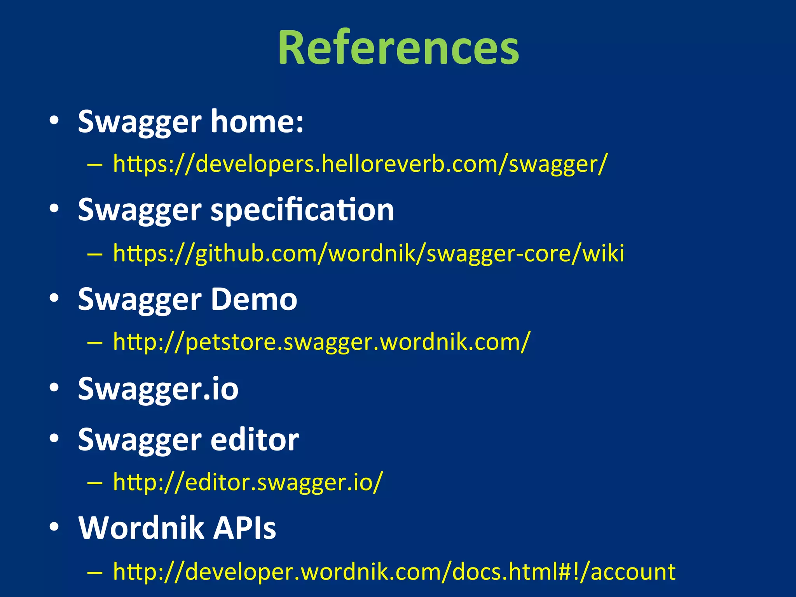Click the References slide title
coord(398,47)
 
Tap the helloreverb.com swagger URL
coord(360,164)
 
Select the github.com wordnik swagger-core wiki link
coord(368,253)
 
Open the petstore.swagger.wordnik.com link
coord(321,342)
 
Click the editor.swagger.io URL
coord(248,482)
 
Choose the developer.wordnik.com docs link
coord(394,572)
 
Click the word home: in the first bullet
coord(257,121)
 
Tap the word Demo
coord(254,300)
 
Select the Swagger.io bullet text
coord(158,389)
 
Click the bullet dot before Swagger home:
coord(54,121)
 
